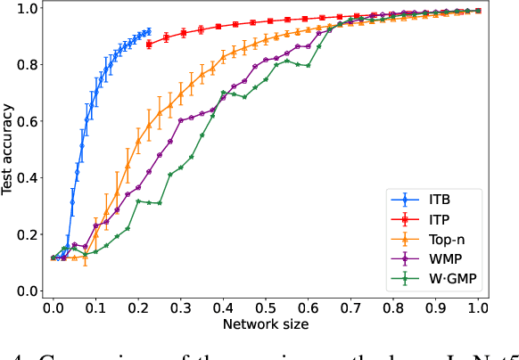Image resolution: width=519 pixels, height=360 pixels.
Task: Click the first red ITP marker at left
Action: [149, 44]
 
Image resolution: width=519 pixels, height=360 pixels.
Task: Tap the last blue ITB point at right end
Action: [148, 31]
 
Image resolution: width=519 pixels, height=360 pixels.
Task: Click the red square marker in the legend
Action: [400, 218]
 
